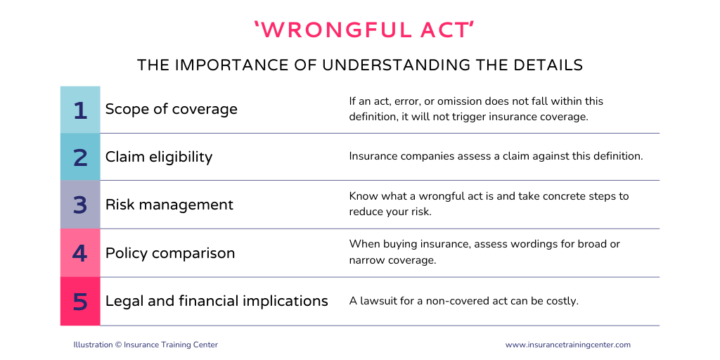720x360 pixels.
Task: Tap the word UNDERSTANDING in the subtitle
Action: tap(396, 65)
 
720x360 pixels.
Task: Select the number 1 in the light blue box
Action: tap(80, 110)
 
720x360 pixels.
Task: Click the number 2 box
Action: tap(80, 157)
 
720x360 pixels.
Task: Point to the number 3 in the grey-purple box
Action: tap(80, 205)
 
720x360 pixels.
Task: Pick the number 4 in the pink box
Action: tap(80, 253)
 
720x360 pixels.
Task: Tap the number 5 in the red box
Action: tap(80, 301)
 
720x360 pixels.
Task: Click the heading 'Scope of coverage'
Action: tap(172, 109)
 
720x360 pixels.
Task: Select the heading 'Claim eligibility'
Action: tap(159, 157)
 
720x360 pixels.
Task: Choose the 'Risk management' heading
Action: tap(169, 205)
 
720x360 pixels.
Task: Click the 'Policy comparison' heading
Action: tap(170, 253)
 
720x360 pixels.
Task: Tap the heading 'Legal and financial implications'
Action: tap(217, 301)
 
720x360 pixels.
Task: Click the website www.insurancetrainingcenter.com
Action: tap(568, 345)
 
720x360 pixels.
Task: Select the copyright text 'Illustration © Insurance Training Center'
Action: tap(146, 345)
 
